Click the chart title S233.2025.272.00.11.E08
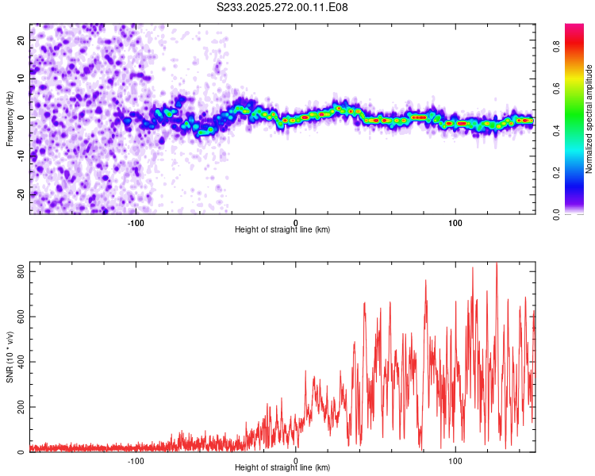click(282, 7)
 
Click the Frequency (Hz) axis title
click(10, 118)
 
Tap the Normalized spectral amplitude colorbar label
click(589, 118)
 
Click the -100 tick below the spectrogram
click(136, 222)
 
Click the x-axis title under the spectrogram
click(282, 230)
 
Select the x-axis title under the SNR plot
click(282, 468)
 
